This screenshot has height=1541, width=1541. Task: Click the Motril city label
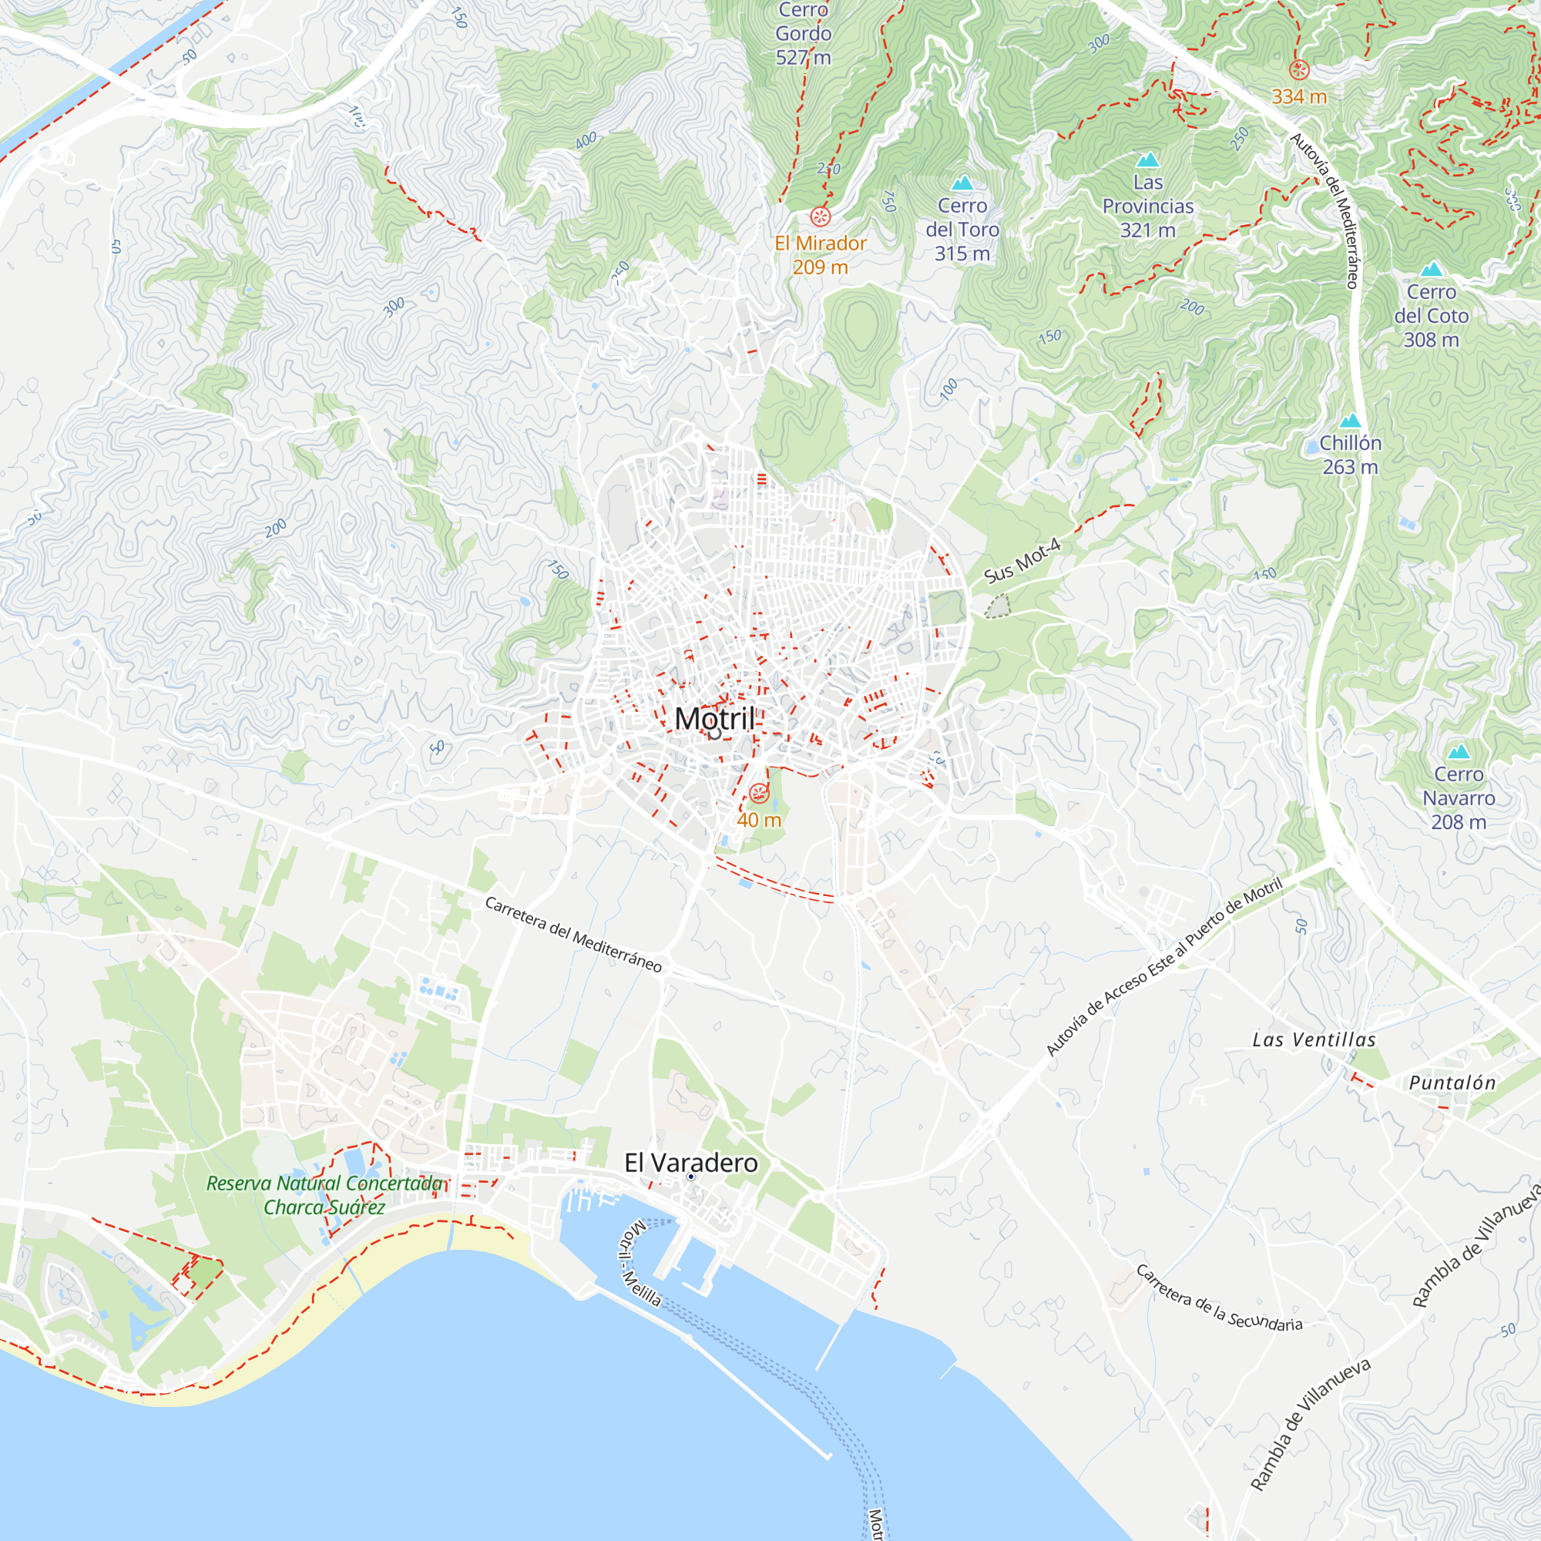714,719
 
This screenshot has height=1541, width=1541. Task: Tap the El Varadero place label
690,1163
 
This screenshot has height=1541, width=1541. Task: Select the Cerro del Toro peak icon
962,183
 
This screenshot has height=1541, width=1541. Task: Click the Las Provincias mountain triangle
1148,160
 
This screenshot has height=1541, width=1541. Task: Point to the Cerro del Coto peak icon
1432,269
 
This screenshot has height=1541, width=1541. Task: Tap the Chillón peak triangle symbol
1350,421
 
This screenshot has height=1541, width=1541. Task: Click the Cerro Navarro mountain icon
1459,751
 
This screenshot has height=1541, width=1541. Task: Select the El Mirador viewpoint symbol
820,217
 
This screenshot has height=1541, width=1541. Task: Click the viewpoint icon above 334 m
1299,70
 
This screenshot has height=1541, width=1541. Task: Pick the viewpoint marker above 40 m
758,793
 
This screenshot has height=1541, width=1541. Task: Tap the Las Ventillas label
1314,1040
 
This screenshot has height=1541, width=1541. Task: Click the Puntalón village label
1452,1083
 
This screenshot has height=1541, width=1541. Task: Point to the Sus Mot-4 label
1022,560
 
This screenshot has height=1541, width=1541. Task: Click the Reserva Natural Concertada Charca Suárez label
324,1195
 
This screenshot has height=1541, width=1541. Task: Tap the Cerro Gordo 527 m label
803,33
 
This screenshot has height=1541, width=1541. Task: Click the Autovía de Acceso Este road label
1163,967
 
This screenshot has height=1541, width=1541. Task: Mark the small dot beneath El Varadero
690,1177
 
